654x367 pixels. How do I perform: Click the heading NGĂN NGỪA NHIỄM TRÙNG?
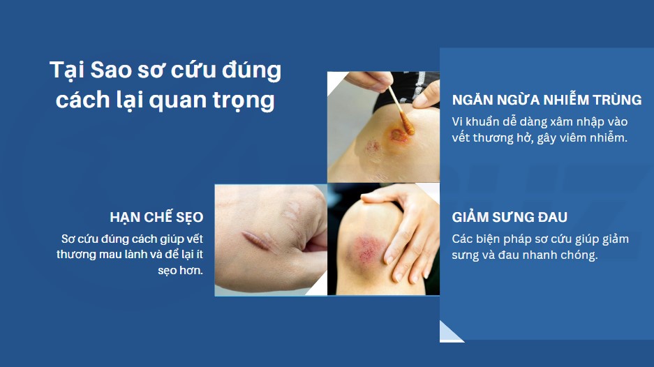(x=547, y=99)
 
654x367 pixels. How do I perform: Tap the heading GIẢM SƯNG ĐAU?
(x=510, y=217)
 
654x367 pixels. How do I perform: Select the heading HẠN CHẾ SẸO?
(x=156, y=217)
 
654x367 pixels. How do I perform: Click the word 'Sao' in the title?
(x=112, y=70)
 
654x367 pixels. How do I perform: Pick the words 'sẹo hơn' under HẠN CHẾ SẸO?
(x=180, y=271)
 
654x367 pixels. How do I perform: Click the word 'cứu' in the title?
(x=193, y=70)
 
